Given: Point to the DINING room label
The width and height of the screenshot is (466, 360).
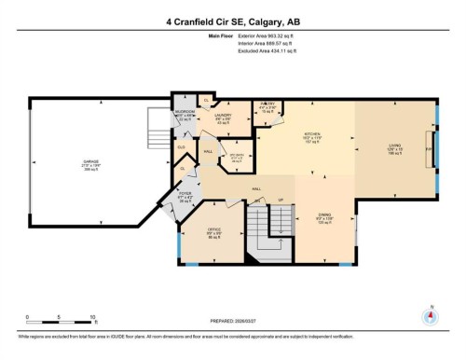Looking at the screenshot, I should click(x=324, y=215).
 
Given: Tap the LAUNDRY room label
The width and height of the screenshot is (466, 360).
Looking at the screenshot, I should click(x=222, y=117).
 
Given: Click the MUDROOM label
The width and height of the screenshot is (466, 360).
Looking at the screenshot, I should click(x=184, y=114).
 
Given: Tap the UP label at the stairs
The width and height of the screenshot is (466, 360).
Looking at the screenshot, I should click(x=281, y=200).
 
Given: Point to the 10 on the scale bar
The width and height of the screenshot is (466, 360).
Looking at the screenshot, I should click(x=92, y=318).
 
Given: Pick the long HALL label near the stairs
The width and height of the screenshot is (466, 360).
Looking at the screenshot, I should click(x=254, y=187).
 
